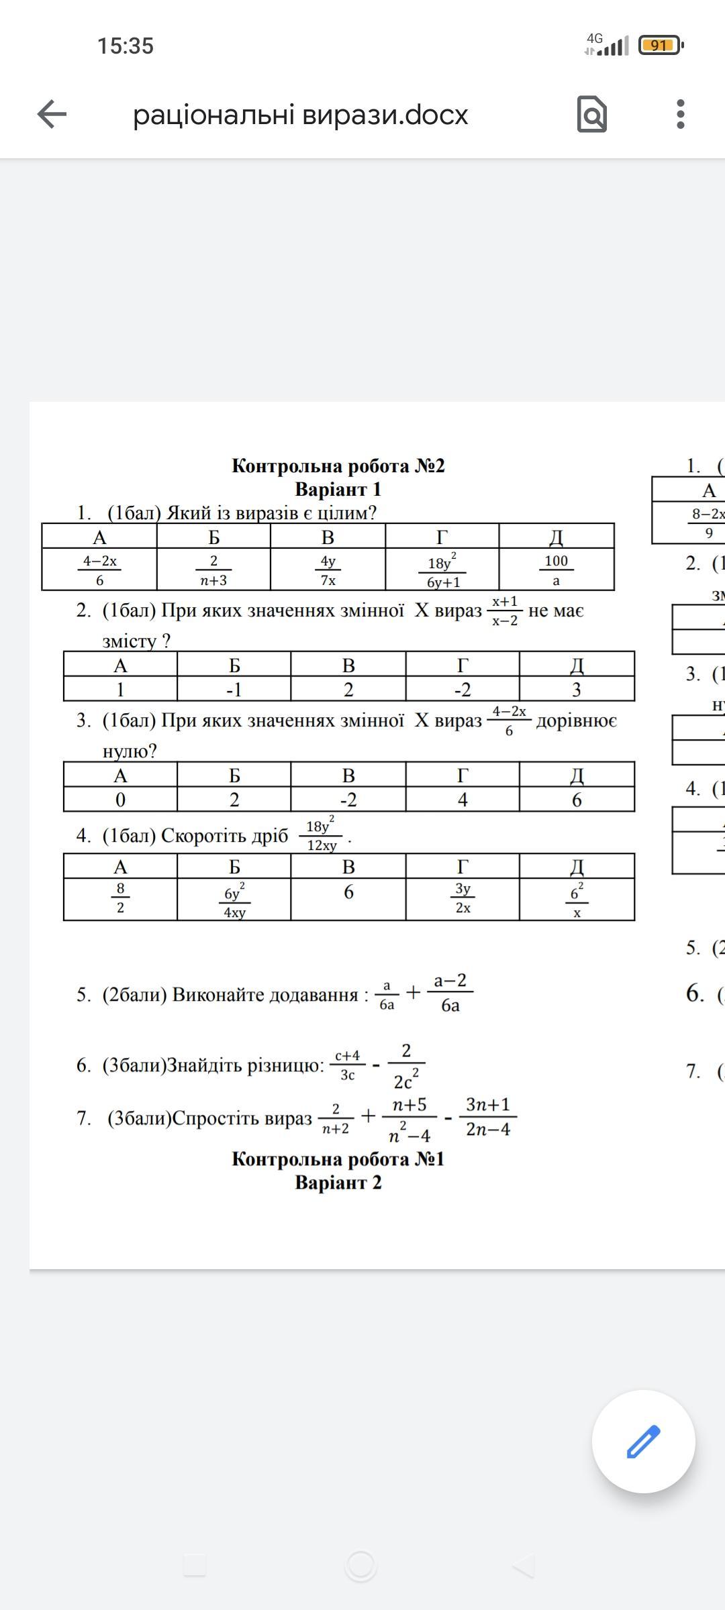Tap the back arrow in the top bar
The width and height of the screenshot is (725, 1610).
tap(52, 114)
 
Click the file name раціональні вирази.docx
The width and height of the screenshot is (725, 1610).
tap(300, 115)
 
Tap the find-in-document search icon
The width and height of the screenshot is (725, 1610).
tap(591, 114)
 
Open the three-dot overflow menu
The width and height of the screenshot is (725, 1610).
tap(680, 114)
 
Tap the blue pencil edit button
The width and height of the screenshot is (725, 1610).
tap(643, 1442)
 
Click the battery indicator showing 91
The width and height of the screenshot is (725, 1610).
tap(660, 46)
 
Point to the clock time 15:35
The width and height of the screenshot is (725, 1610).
tap(126, 46)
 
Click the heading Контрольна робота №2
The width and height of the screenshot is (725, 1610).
tap(338, 466)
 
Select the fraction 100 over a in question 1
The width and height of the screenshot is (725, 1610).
tap(556, 570)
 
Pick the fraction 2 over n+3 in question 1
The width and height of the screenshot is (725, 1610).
tap(213, 570)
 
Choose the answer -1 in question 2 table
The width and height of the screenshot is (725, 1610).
tap(234, 690)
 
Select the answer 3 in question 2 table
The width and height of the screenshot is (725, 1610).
tap(576, 690)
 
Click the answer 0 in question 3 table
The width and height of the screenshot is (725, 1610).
tap(120, 800)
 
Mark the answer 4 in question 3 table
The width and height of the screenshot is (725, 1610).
tap(463, 800)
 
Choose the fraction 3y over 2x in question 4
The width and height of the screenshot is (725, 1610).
tap(463, 898)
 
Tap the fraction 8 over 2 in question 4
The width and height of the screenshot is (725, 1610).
tap(120, 898)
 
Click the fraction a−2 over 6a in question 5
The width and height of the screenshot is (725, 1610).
tap(450, 993)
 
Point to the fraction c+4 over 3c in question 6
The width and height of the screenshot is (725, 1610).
tap(347, 1065)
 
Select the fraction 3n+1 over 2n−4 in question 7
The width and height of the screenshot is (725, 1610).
tap(488, 1117)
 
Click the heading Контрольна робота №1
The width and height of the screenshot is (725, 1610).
tap(338, 1159)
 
